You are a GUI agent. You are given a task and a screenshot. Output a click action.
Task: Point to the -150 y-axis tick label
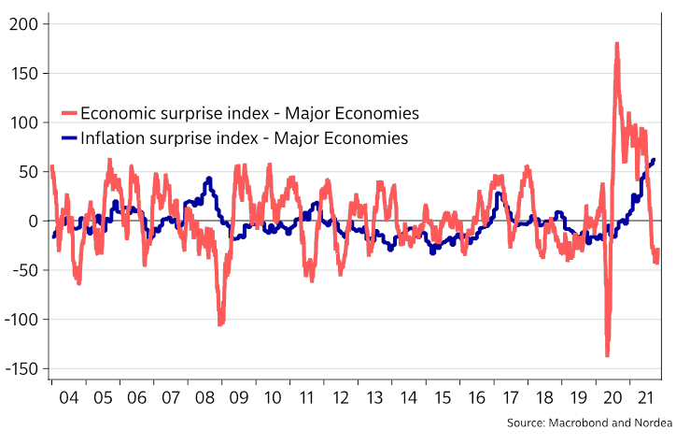pyautogui.click(x=21, y=368)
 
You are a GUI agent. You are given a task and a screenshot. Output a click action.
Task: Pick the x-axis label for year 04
pyautogui.click(x=68, y=397)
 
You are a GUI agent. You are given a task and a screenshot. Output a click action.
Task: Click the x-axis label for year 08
pyautogui.click(x=204, y=397)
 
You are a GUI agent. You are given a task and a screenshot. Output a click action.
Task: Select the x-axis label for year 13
pyautogui.click(x=374, y=397)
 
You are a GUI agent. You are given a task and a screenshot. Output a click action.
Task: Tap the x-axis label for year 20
pyautogui.click(x=613, y=397)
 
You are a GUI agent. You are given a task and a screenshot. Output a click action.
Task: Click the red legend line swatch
pyautogui.click(x=68, y=114)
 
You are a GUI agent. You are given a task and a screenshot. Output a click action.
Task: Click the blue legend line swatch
pyautogui.click(x=68, y=139)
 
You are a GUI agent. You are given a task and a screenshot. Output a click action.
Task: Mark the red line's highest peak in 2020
pyautogui.click(x=617, y=44)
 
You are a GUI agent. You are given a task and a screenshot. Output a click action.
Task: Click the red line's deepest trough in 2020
pyautogui.click(x=607, y=354)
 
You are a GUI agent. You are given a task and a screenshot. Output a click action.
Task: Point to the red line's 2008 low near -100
pyautogui.click(x=221, y=323)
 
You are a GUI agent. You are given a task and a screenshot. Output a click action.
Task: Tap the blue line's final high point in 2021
pyautogui.click(x=653, y=160)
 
